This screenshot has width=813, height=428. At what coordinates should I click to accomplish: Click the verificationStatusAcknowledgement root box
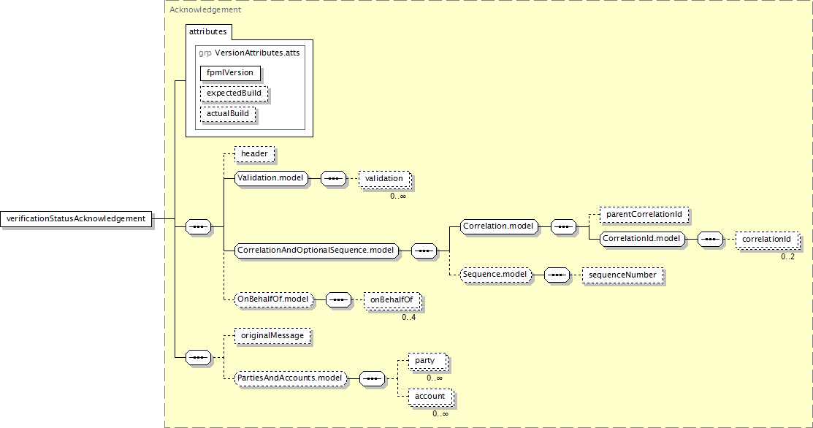pos(76,218)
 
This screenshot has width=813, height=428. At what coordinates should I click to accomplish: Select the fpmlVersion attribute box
pos(230,73)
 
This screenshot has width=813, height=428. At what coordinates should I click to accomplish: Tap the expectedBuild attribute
pos(234,93)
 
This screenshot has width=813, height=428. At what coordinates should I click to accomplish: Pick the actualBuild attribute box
pos(228,114)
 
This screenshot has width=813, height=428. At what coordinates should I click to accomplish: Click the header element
pos(254,154)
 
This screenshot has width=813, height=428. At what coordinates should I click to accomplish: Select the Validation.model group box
pos(271,178)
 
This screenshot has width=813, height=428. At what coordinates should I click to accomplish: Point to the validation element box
pos(384,179)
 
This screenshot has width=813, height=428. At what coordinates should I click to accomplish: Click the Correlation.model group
pos(498,226)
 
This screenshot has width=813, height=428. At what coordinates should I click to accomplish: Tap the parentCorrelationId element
pos(644,215)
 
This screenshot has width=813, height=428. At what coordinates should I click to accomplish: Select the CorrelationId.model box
pos(641,239)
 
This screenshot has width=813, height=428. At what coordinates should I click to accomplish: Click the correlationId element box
pos(767,240)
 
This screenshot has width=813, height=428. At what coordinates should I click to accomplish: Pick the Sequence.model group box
pos(495,275)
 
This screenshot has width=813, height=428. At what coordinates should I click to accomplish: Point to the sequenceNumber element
pos(622,275)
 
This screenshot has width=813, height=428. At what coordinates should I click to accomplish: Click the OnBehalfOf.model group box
pos(273,299)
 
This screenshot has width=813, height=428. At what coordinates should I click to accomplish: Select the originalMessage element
pos(272,336)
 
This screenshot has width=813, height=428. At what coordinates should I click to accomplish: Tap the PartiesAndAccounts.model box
pos(290,378)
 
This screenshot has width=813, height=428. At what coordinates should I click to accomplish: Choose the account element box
pos(430,397)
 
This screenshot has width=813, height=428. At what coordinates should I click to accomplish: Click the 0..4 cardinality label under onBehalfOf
pos(408,317)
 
